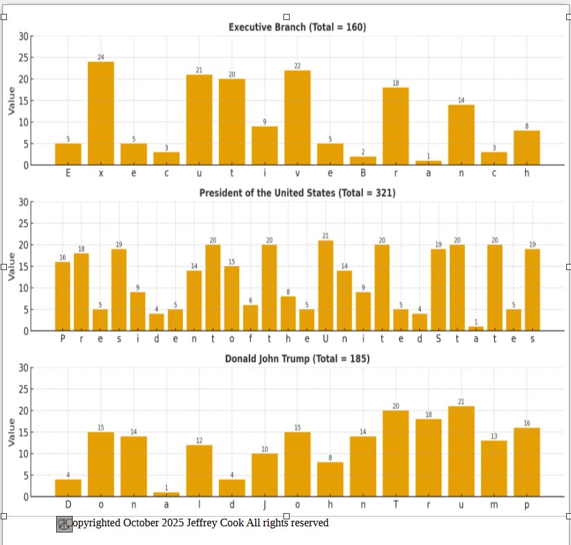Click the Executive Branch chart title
point(297,27)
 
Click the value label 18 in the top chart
point(396,83)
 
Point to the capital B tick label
point(362,173)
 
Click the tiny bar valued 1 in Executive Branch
point(428,163)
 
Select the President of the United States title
point(297,193)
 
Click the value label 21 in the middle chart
point(326,236)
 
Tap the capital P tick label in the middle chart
point(62,339)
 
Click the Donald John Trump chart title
point(297,359)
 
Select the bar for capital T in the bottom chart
point(396,453)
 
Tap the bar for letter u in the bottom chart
point(461,451)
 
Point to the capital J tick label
point(264,505)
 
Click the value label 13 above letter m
point(494,436)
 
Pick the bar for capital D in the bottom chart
point(68,488)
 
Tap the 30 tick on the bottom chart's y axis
point(24,368)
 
